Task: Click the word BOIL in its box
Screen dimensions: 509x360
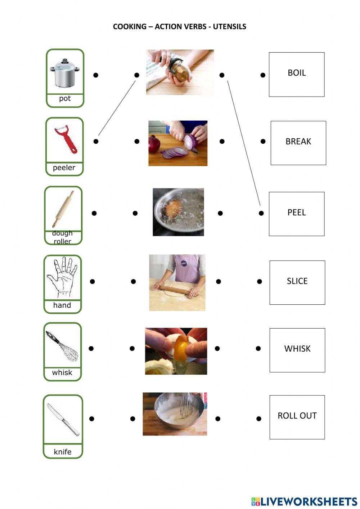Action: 297,73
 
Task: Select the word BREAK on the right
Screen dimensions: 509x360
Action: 298,142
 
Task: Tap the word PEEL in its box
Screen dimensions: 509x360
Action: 296,213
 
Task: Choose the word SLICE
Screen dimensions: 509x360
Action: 297,281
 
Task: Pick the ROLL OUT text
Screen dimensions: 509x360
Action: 297,416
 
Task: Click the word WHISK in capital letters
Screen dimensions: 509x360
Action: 297,349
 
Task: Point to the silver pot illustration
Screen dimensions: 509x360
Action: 64,73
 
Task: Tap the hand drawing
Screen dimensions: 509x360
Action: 62,277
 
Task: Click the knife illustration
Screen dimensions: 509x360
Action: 63,419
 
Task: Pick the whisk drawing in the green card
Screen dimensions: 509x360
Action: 62,346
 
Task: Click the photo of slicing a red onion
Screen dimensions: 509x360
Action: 178,143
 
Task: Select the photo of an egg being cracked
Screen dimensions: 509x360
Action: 176,351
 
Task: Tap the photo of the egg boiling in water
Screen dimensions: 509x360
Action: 178,212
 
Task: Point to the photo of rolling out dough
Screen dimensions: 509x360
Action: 177,283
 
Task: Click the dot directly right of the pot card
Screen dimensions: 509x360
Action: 96,75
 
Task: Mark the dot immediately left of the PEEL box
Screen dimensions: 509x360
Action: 261,213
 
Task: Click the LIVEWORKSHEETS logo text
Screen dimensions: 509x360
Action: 309,501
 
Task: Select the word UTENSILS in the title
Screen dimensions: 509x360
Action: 229,27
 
